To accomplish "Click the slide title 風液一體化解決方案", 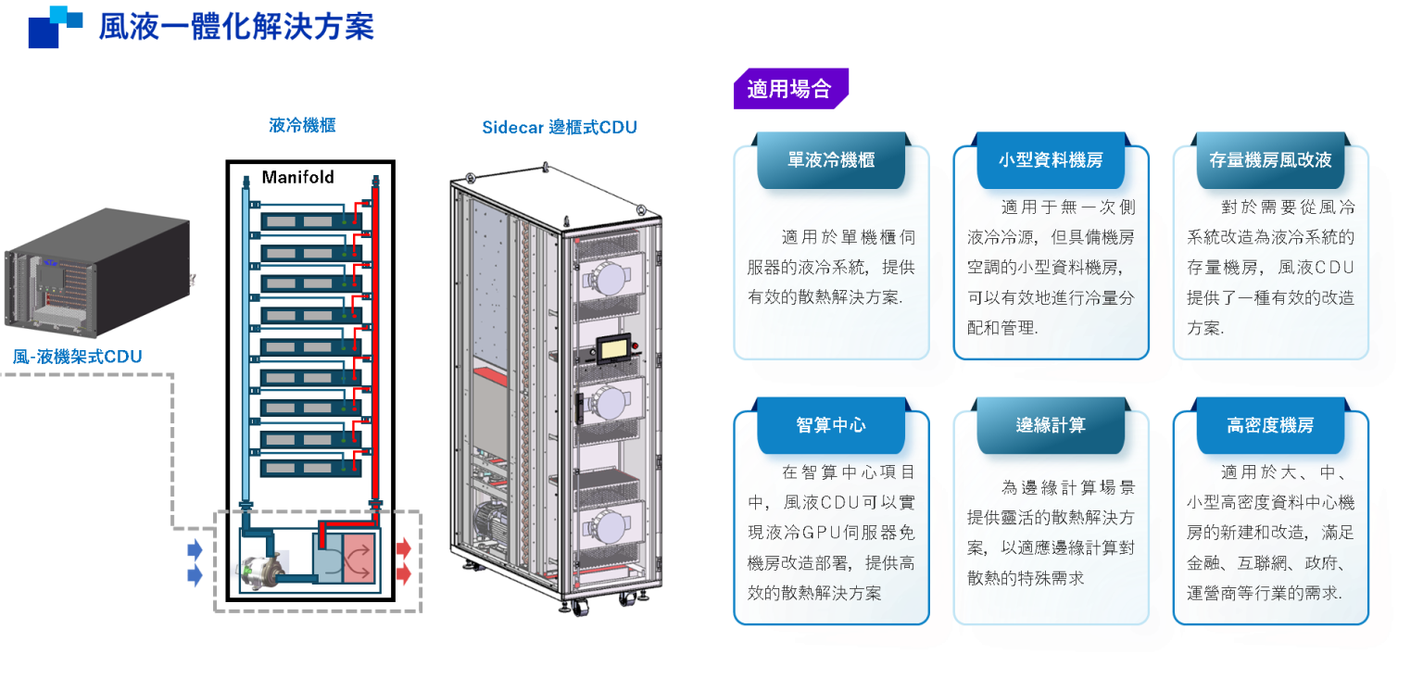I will (x=236, y=27).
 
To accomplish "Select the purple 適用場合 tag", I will (x=789, y=89).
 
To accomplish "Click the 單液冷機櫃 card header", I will (x=831, y=160).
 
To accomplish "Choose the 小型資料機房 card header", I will (x=1051, y=160).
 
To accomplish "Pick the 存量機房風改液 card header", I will (x=1270, y=160).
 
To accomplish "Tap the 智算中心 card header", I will (x=831, y=425).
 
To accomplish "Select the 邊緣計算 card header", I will (x=1051, y=425).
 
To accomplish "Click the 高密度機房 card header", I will (x=1270, y=425).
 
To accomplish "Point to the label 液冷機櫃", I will (x=302, y=126).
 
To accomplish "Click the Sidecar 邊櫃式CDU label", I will (x=559, y=128).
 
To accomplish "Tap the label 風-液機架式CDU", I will (x=78, y=356).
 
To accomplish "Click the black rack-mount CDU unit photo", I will (x=99, y=272).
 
